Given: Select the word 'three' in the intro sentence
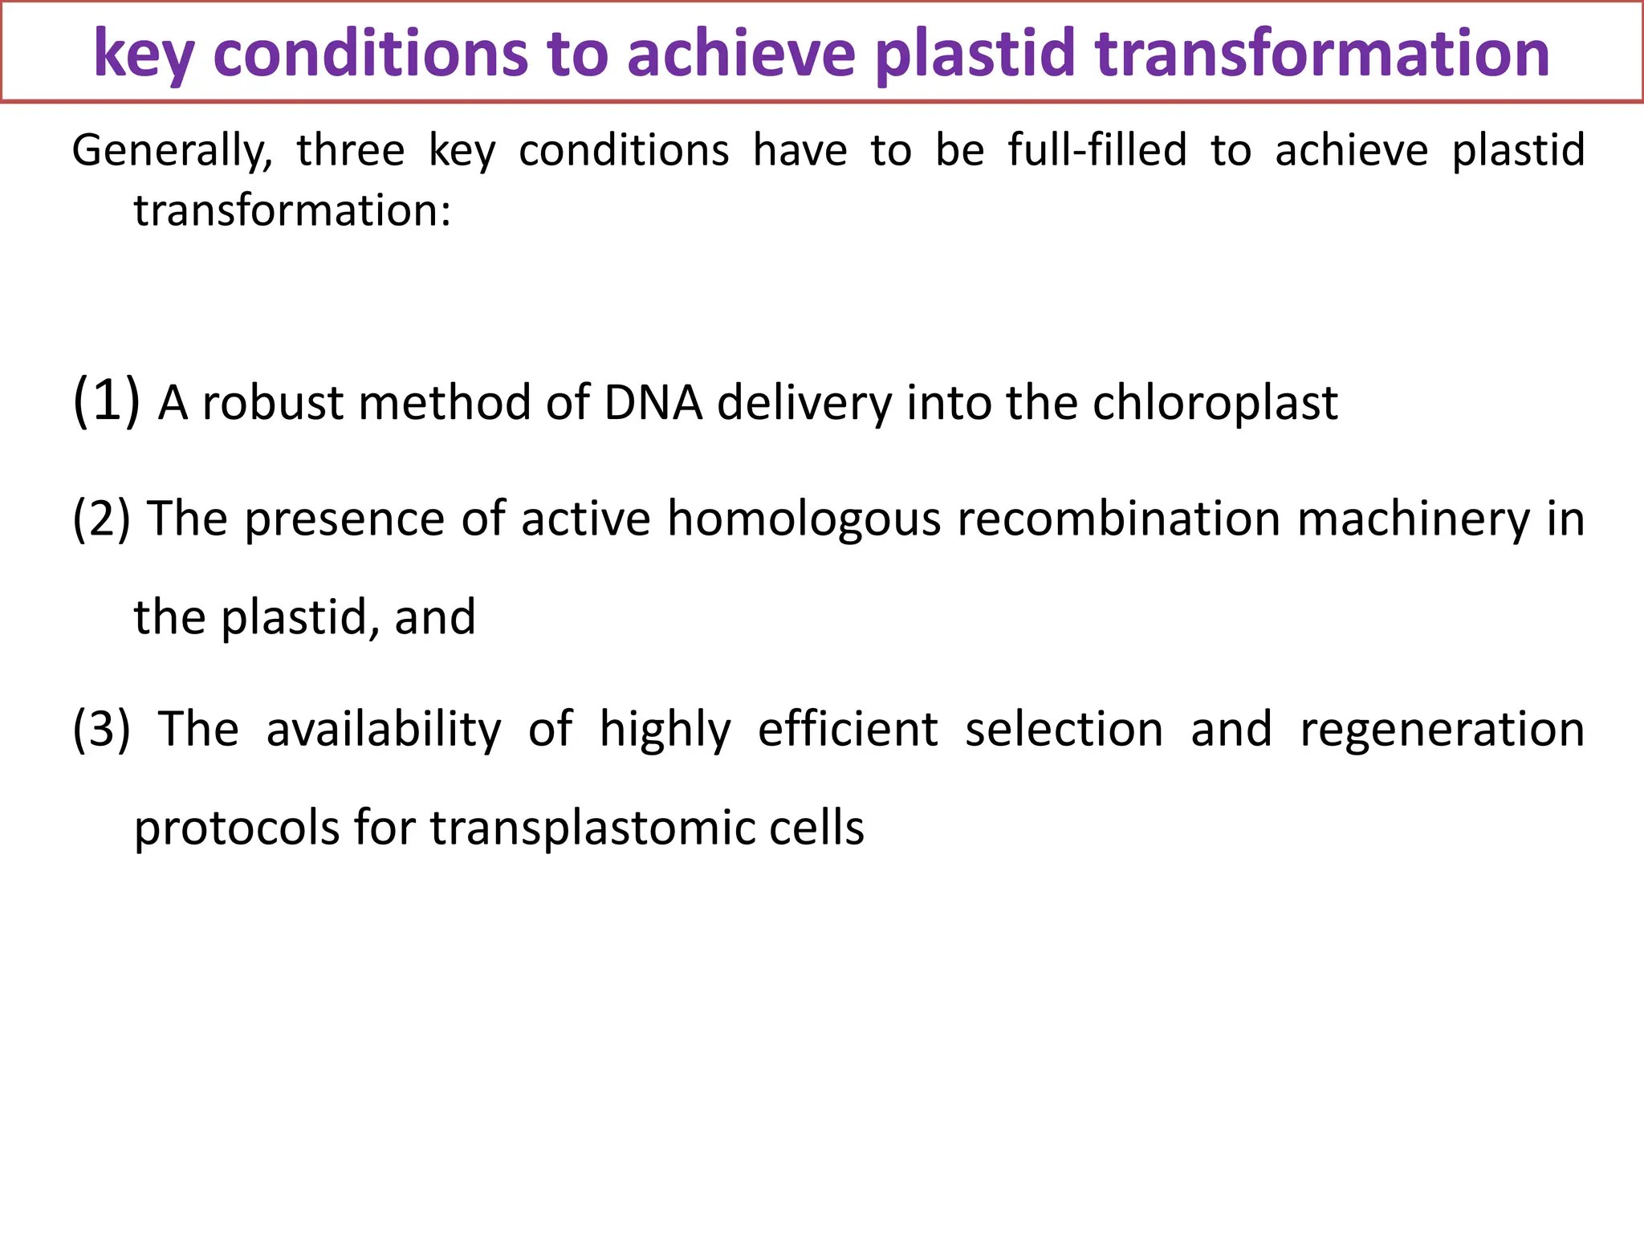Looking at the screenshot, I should (x=351, y=151).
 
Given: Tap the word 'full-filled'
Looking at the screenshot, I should (x=1097, y=151).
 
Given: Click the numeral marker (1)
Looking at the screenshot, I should (x=106, y=401).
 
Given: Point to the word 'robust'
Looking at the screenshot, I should (x=274, y=403).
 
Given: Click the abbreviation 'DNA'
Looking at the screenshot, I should (x=653, y=403).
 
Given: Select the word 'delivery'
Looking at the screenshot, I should (x=804, y=403).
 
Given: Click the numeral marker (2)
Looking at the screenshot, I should (x=101, y=519).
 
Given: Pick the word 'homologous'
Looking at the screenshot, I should (x=804, y=519).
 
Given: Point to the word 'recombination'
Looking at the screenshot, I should (x=1119, y=519).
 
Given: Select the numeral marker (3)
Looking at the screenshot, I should (x=101, y=729).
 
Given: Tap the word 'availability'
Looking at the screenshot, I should (x=383, y=729).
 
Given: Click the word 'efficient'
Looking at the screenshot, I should (x=848, y=729).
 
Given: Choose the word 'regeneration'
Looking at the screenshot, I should (x=1442, y=730).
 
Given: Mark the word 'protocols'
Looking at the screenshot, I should (x=237, y=828).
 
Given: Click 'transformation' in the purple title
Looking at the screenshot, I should (x=1322, y=53).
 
